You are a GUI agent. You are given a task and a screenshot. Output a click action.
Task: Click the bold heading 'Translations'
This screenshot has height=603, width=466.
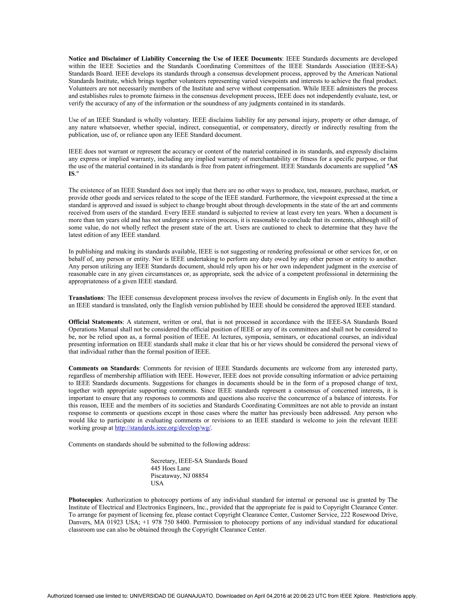click(x=86, y=298)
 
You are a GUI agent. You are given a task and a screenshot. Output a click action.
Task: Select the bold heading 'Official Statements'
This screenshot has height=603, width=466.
click(x=95, y=322)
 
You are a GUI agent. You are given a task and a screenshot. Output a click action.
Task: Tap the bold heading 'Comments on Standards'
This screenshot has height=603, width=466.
click(x=104, y=368)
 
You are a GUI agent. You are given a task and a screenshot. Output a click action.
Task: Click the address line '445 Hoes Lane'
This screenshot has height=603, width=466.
click(x=170, y=468)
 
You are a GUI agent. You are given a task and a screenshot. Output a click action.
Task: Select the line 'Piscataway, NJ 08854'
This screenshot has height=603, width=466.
click(x=179, y=476)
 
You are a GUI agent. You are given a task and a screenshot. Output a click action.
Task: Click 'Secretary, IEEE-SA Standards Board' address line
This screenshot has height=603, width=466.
click(x=199, y=461)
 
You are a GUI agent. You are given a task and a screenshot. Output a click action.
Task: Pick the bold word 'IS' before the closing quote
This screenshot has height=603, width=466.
click(x=71, y=174)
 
